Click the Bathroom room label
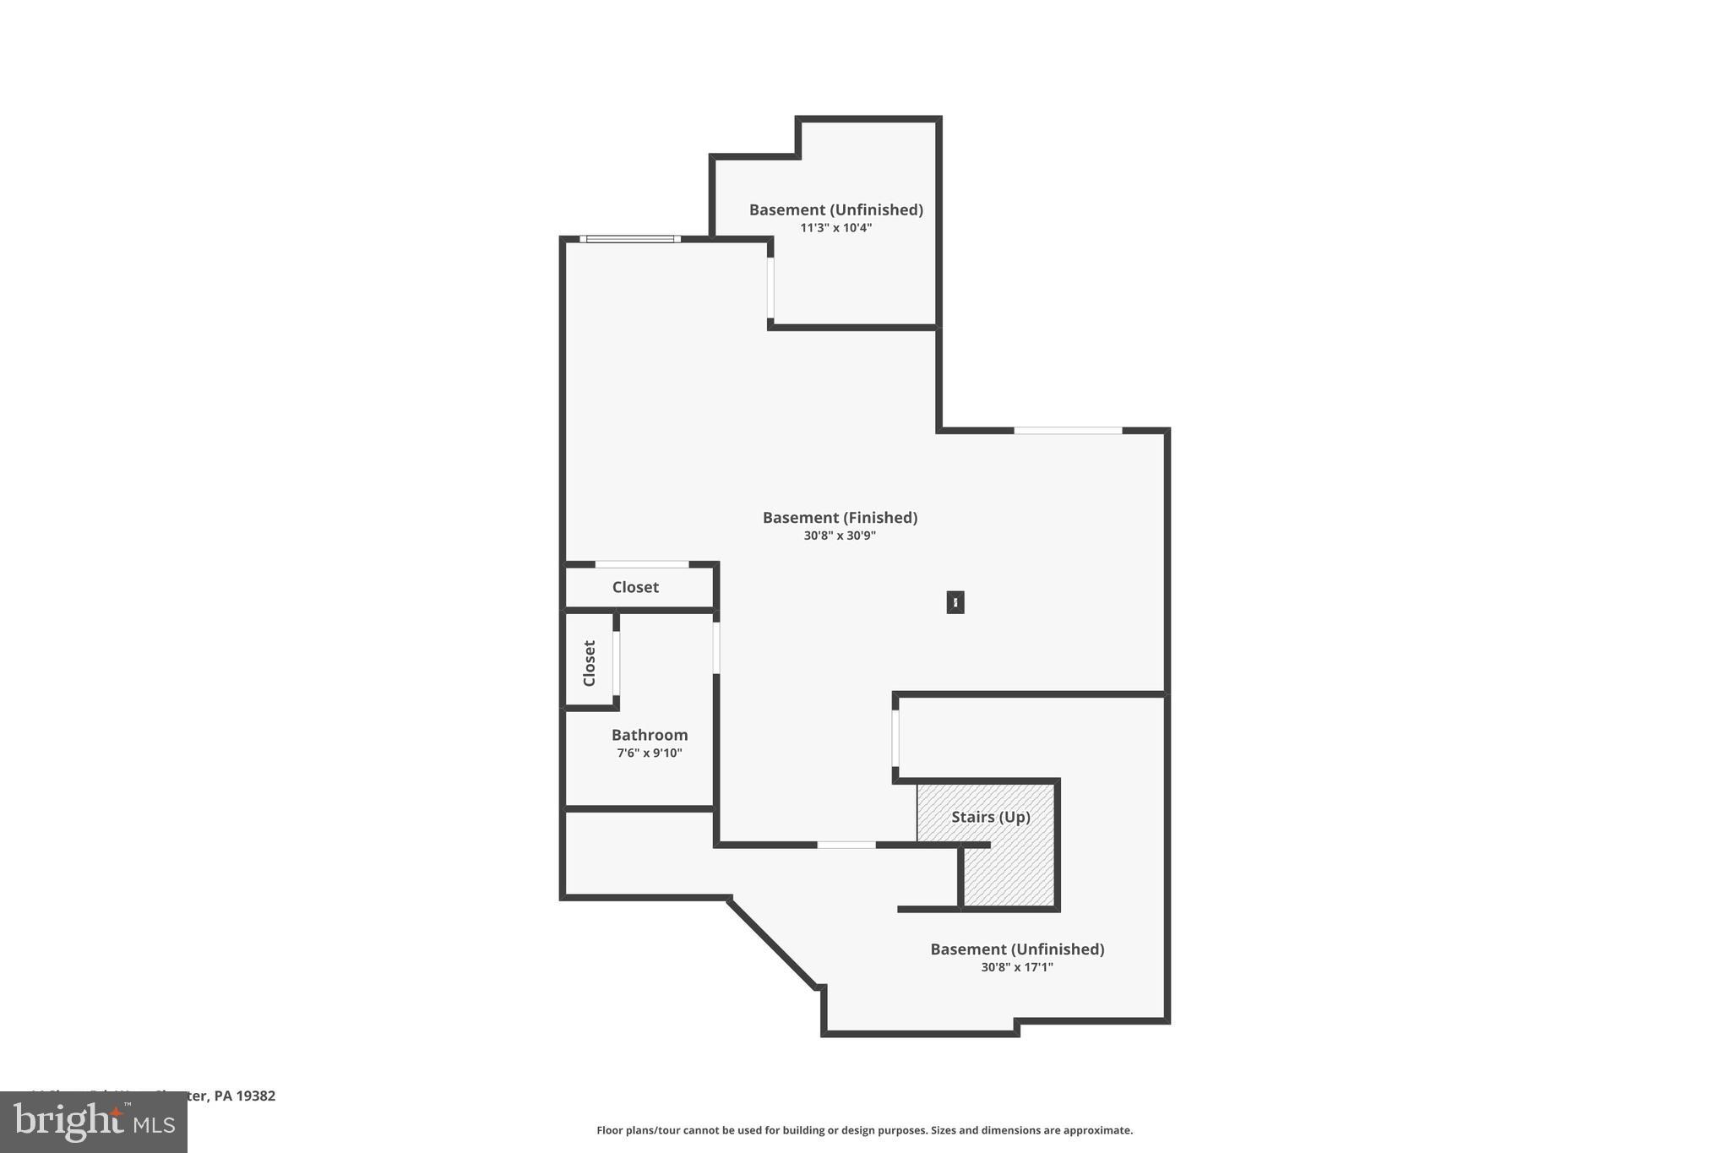pyautogui.click(x=650, y=735)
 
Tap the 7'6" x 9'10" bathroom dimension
pyautogui.click(x=650, y=753)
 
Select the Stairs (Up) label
pyautogui.click(x=991, y=817)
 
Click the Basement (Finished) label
pyautogui.click(x=840, y=517)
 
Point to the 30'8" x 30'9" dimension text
pyautogui.click(x=840, y=536)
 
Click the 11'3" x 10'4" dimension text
pyautogui.click(x=835, y=228)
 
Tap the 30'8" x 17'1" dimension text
pyautogui.click(x=1017, y=967)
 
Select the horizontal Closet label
pyautogui.click(x=635, y=587)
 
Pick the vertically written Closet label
pyautogui.click(x=590, y=663)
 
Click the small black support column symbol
pyautogui.click(x=955, y=602)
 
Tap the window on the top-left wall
pyautogui.click(x=630, y=239)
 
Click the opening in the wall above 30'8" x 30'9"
pyautogui.click(x=1068, y=431)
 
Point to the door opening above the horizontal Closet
pyautogui.click(x=642, y=564)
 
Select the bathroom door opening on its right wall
pyautogui.click(x=716, y=648)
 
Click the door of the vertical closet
pyautogui.click(x=617, y=663)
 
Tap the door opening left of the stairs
pyautogui.click(x=895, y=737)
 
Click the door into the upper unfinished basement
pyautogui.click(x=770, y=287)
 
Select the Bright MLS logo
pyautogui.click(x=94, y=1122)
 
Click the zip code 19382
pyautogui.click(x=256, y=1096)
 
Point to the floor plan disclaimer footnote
pyautogui.click(x=864, y=1130)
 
